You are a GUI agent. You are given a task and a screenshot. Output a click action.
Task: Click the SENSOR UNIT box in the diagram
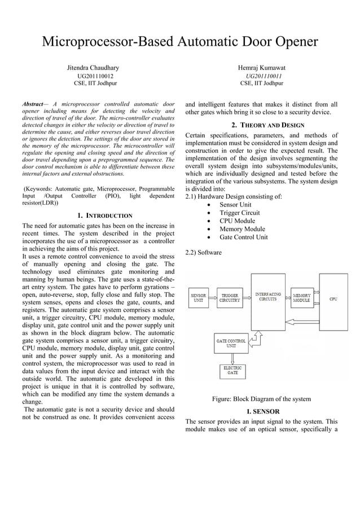point(198,297)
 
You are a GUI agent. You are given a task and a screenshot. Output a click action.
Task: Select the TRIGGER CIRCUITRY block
point(230,297)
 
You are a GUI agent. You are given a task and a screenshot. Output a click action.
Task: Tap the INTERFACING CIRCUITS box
point(268,297)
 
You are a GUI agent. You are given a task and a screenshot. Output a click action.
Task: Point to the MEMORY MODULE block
point(301,297)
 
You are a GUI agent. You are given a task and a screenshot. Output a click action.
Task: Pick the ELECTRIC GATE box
point(232,370)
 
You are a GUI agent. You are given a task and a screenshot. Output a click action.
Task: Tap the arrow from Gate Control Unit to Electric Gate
point(232,357)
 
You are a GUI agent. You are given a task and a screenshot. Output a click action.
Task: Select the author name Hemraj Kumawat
point(262,68)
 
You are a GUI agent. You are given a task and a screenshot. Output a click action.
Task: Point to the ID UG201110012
point(95,76)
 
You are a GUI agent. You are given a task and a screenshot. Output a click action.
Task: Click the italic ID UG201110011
point(264,76)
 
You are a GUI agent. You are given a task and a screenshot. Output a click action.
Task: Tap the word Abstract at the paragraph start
point(32,104)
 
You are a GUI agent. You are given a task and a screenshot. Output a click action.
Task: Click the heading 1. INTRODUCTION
point(104,215)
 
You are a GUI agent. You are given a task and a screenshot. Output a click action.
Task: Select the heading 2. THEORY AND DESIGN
point(267,125)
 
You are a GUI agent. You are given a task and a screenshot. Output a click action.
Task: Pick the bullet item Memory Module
point(242,229)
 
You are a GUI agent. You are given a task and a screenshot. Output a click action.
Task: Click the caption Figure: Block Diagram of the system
point(261,399)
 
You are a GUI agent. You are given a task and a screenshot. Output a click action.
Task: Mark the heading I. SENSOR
point(261,411)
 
